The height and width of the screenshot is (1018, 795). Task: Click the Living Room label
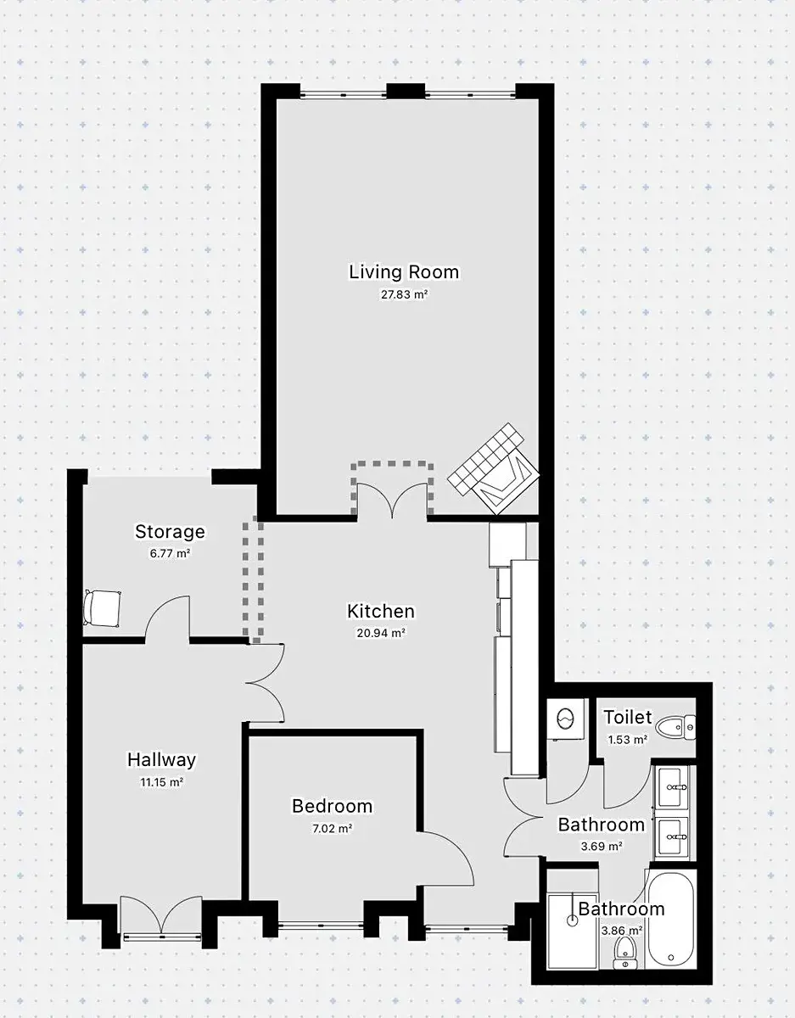(404, 272)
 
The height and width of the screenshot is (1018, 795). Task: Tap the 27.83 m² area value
(404, 294)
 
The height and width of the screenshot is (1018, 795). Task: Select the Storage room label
(170, 532)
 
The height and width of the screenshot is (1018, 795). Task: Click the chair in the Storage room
(102, 608)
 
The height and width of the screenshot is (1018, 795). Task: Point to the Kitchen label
(381, 612)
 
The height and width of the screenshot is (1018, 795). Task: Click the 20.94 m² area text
(381, 633)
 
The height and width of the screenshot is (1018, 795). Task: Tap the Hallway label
(161, 759)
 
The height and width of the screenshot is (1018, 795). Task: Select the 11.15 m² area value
(161, 782)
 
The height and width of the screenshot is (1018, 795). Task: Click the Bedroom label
(332, 806)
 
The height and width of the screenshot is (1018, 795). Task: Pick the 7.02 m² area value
(332, 828)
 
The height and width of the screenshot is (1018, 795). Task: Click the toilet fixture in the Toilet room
(675, 728)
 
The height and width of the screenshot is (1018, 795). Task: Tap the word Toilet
(627, 717)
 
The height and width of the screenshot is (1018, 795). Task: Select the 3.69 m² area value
(602, 847)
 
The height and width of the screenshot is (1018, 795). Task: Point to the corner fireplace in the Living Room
(493, 468)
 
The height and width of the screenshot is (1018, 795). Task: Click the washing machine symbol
(565, 719)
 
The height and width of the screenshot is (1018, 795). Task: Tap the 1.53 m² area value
(628, 740)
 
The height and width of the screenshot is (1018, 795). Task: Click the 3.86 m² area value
(622, 931)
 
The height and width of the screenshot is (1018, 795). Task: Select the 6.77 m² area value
(170, 553)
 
